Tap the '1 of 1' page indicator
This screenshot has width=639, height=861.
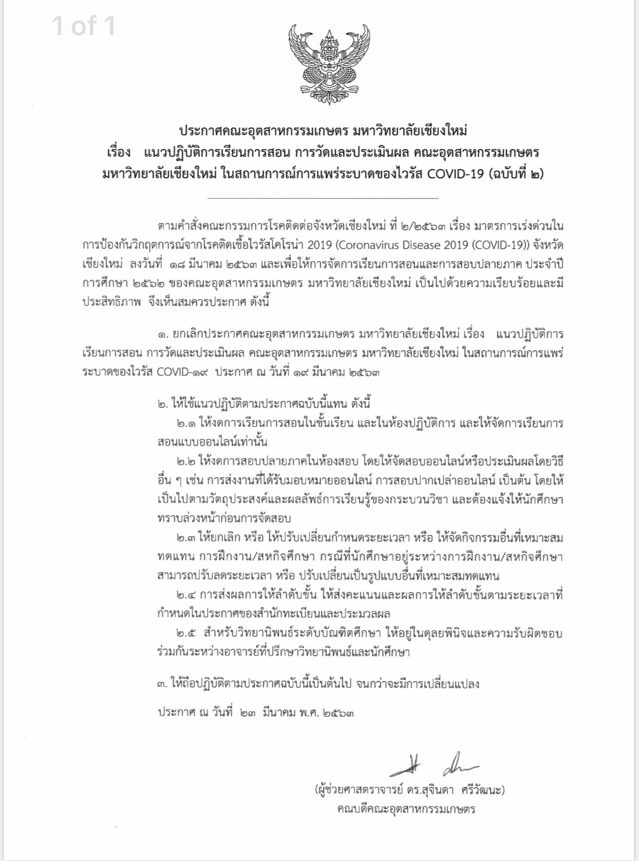(x=83, y=26)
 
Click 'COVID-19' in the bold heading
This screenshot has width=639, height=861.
(x=453, y=174)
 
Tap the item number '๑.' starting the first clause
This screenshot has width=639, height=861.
(x=163, y=332)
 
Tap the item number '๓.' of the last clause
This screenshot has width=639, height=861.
(x=163, y=683)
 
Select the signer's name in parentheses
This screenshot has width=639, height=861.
(x=408, y=789)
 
